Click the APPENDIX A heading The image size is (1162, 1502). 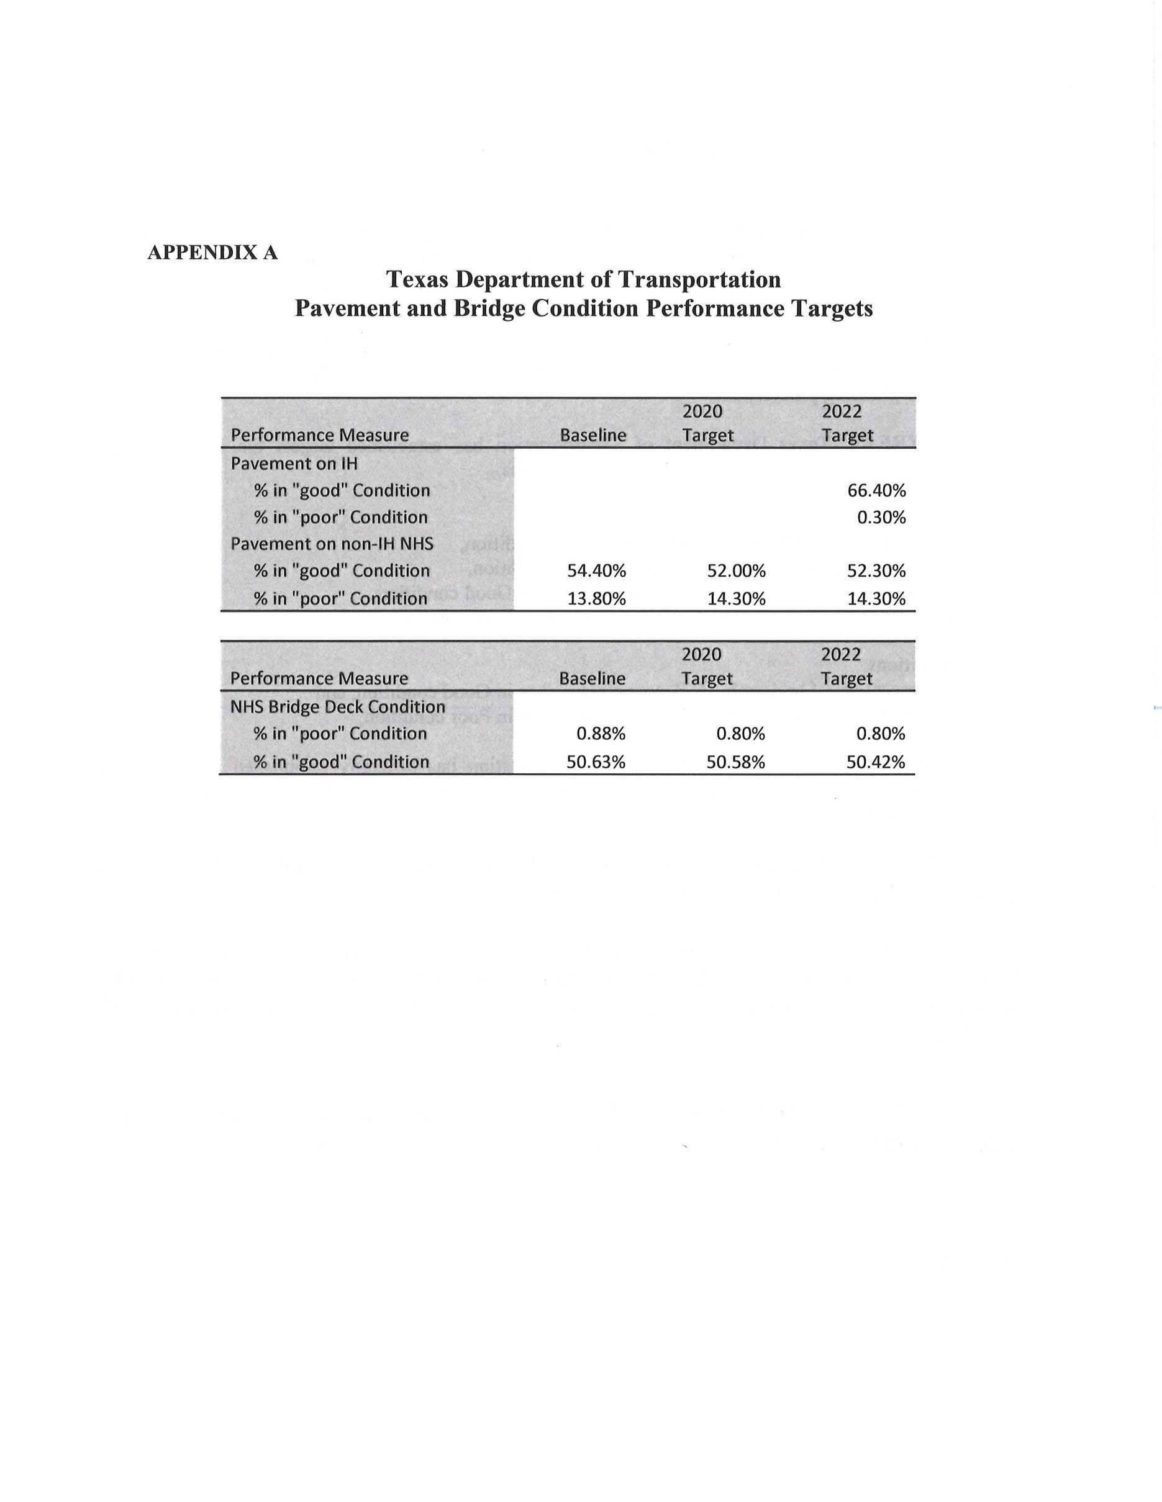(212, 253)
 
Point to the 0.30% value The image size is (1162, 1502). (881, 517)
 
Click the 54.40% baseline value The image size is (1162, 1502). (596, 571)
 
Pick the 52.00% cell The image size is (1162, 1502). (736, 571)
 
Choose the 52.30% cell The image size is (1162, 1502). (876, 571)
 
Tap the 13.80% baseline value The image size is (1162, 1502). (596, 598)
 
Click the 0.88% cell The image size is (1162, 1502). (601, 734)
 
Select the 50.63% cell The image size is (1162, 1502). (596, 762)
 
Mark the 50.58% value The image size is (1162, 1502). (736, 762)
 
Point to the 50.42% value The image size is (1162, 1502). (876, 762)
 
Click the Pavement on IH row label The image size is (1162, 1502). (294, 464)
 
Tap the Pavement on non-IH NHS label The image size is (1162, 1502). (332, 544)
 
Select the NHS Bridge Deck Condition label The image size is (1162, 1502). (337, 707)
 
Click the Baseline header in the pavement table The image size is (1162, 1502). (593, 435)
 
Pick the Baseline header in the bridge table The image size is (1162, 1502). (592, 679)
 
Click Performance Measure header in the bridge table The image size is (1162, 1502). (319, 679)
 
